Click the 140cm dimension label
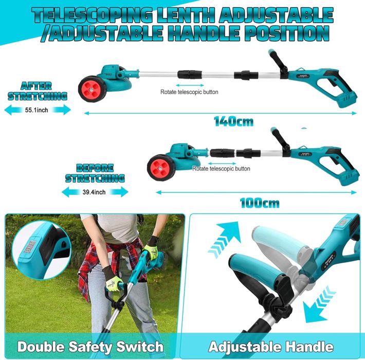pyautogui.click(x=234, y=122)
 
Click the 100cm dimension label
pyautogui.click(x=259, y=202)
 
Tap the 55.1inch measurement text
pyautogui.click(x=37, y=110)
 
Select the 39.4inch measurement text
pyautogui.click(x=94, y=192)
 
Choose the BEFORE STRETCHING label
pyautogui.click(x=95, y=173)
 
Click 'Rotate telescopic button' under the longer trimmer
pyautogui.click(x=189, y=92)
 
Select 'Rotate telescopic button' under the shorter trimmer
pyautogui.click(x=222, y=168)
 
